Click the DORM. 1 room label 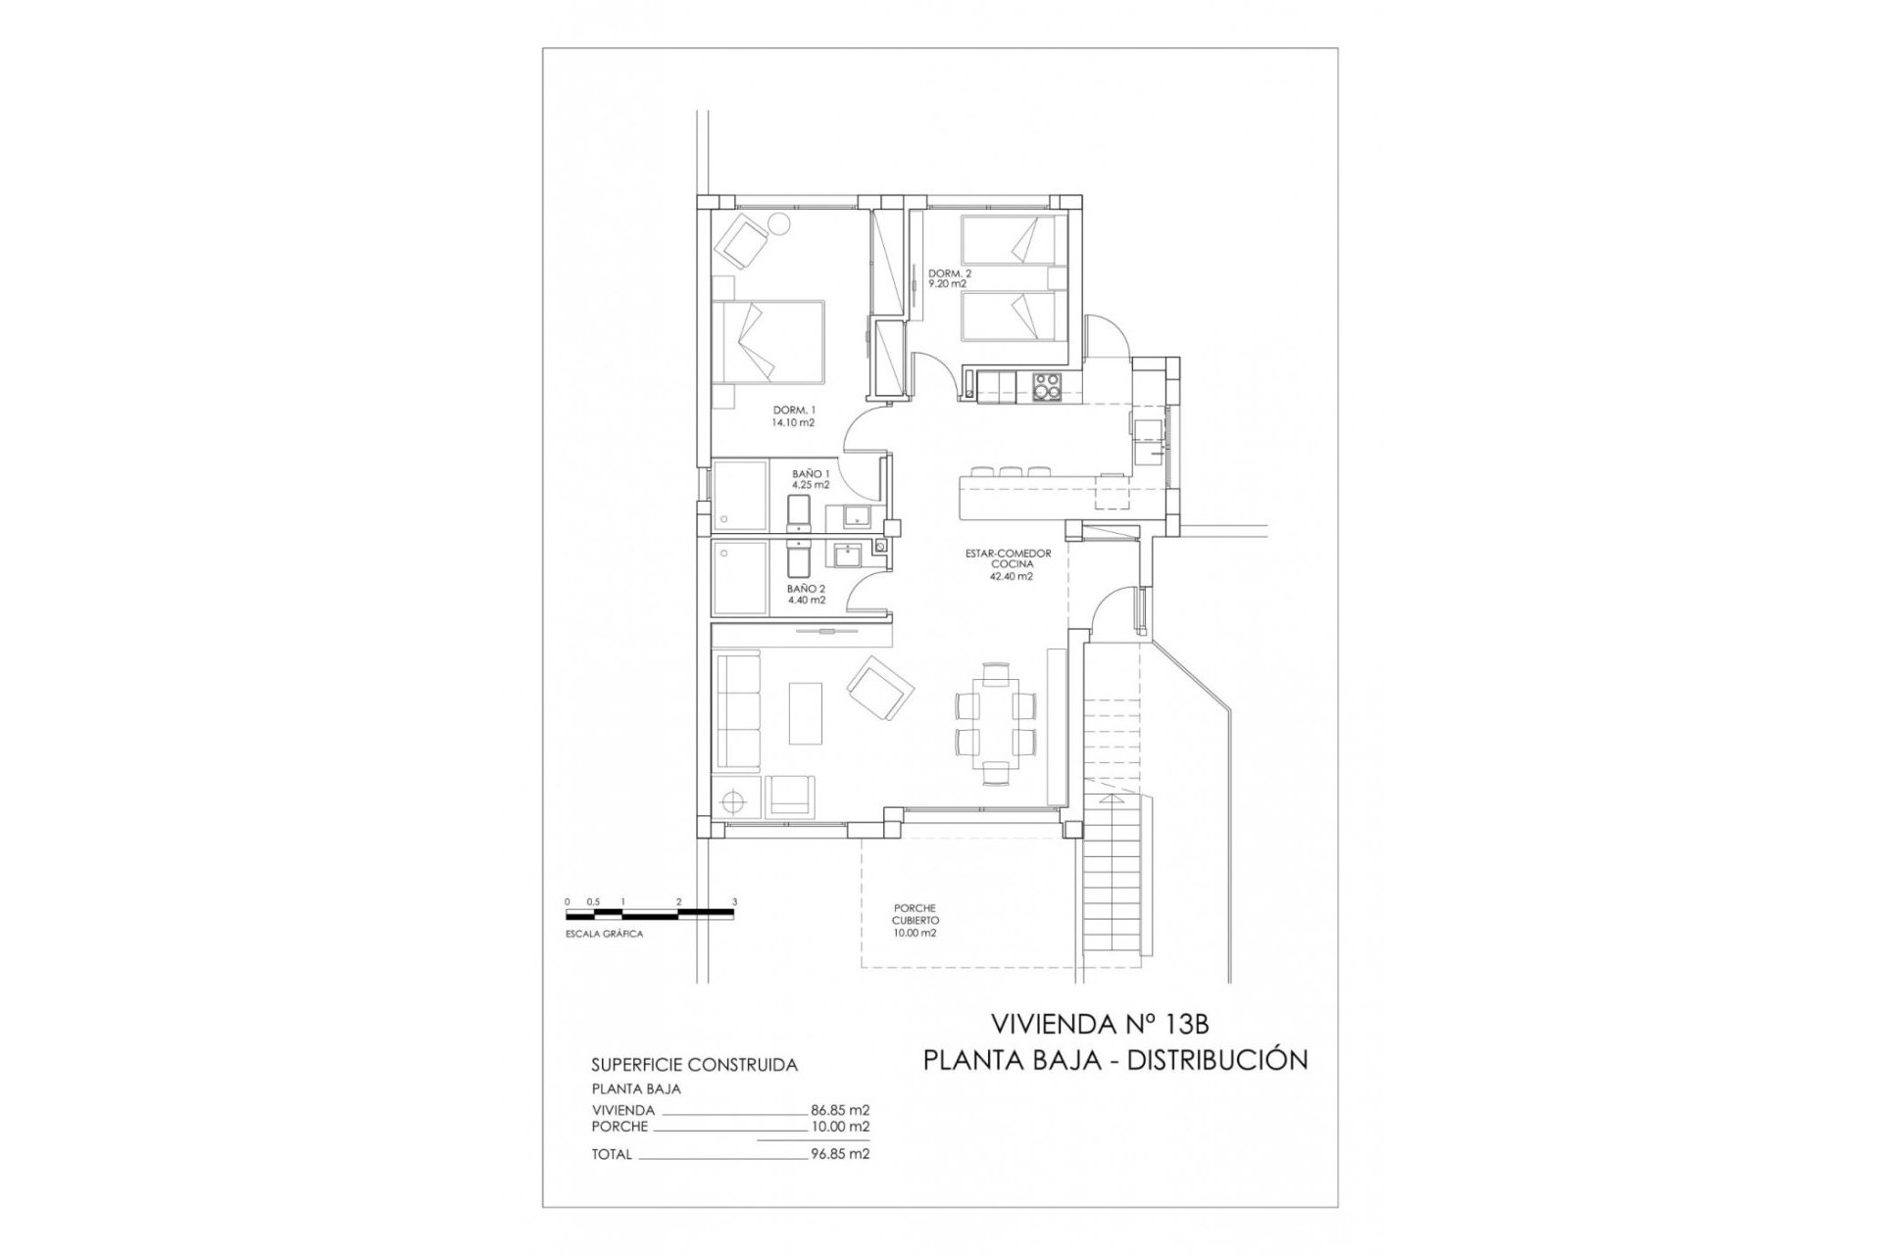click(x=794, y=415)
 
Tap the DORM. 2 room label click(x=949, y=278)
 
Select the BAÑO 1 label click(x=811, y=478)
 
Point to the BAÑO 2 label click(x=806, y=594)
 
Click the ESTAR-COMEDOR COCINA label click(x=1008, y=565)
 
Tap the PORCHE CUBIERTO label click(x=915, y=921)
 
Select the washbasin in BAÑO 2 click(x=844, y=556)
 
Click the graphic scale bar click(x=650, y=914)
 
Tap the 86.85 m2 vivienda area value click(x=840, y=1111)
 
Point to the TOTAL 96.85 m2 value click(x=840, y=1154)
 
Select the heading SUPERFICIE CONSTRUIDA click(x=694, y=1065)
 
